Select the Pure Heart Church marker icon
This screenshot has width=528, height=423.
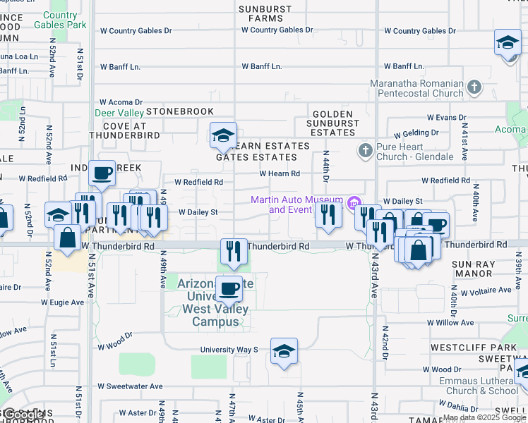click(365, 149)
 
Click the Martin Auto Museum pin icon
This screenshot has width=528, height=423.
click(353, 200)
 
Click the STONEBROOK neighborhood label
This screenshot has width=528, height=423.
click(179, 111)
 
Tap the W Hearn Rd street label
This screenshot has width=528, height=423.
click(280, 173)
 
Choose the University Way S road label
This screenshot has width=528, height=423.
click(229, 349)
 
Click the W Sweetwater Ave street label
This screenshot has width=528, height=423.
click(130, 386)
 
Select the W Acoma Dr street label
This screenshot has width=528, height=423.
click(121, 102)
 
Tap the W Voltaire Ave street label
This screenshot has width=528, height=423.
click(485, 292)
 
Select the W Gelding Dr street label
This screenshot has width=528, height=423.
click(416, 133)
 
